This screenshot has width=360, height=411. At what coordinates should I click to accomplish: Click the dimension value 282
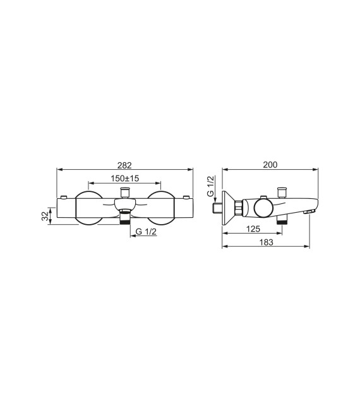point(124,165)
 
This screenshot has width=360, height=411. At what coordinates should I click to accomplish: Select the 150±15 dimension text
point(124,179)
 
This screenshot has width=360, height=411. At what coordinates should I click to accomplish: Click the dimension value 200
point(270,165)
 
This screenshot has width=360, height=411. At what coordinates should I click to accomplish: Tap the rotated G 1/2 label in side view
point(211,188)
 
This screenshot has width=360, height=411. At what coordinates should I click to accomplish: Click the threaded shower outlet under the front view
point(125,218)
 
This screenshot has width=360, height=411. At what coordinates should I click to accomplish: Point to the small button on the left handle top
point(64,197)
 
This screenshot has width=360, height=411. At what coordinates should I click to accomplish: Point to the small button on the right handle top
point(185,197)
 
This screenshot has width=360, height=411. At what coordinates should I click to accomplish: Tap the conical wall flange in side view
point(228,206)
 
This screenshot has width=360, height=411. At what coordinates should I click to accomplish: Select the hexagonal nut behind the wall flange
point(238,206)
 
